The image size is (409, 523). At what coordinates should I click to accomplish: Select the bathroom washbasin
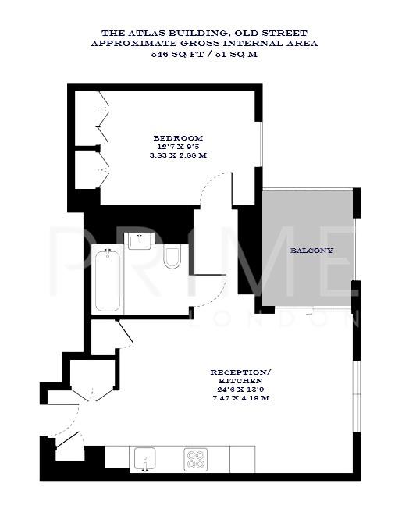(x=140, y=240)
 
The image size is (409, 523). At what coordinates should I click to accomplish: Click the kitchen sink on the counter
(x=145, y=458)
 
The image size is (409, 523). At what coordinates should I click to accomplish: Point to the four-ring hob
(x=194, y=459)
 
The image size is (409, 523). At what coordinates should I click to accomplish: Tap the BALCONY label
(x=311, y=251)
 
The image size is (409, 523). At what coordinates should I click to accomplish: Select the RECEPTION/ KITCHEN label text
(x=241, y=375)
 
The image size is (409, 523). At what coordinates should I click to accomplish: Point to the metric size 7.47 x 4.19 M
(x=241, y=397)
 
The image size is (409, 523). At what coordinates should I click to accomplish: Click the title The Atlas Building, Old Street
(x=204, y=33)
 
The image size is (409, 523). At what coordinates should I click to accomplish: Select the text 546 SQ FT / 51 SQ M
(x=204, y=54)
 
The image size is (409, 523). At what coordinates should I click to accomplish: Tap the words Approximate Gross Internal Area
(x=204, y=44)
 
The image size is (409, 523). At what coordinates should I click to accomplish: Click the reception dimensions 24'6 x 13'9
(x=241, y=388)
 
